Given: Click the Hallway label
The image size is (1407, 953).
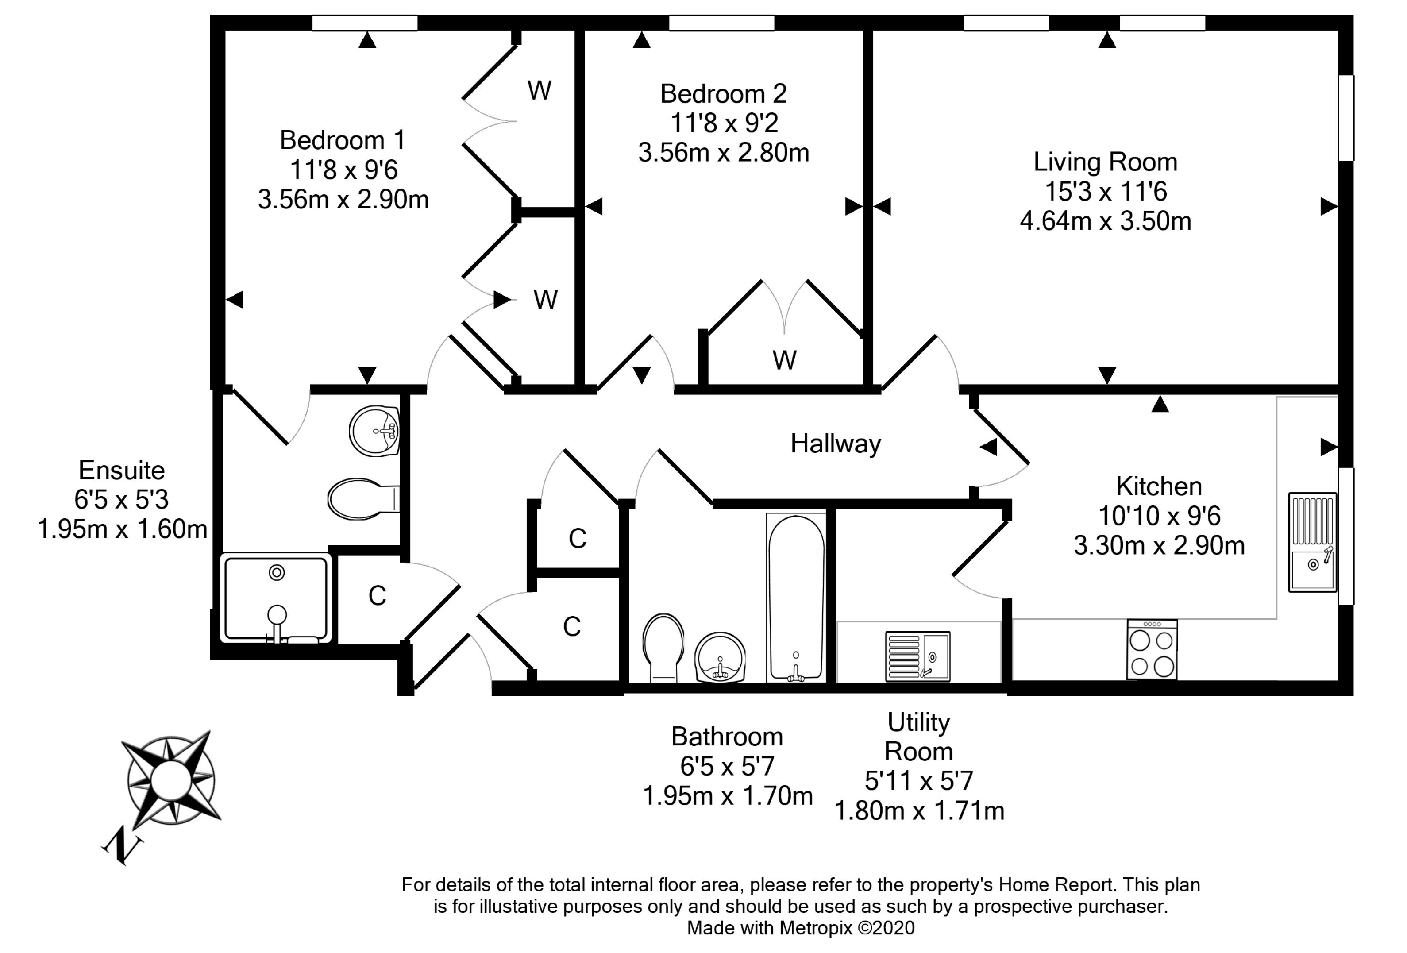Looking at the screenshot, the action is (836, 444).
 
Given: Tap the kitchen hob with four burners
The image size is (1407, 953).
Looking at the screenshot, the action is (1152, 648).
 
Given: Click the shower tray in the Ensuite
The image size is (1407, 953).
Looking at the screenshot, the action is (276, 598).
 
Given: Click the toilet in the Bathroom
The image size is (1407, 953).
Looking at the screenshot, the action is (663, 648).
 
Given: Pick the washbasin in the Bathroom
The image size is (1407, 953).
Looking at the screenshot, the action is (720, 658).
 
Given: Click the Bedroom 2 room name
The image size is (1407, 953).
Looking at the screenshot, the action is (724, 94).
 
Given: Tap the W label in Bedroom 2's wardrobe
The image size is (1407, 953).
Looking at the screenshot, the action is (785, 360).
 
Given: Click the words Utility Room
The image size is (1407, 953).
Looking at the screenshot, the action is (918, 737).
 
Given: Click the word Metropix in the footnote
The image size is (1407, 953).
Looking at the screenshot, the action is (816, 928).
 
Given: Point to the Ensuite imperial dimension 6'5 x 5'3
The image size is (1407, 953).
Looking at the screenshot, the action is (122, 499).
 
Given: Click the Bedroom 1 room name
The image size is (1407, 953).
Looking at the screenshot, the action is (342, 140).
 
